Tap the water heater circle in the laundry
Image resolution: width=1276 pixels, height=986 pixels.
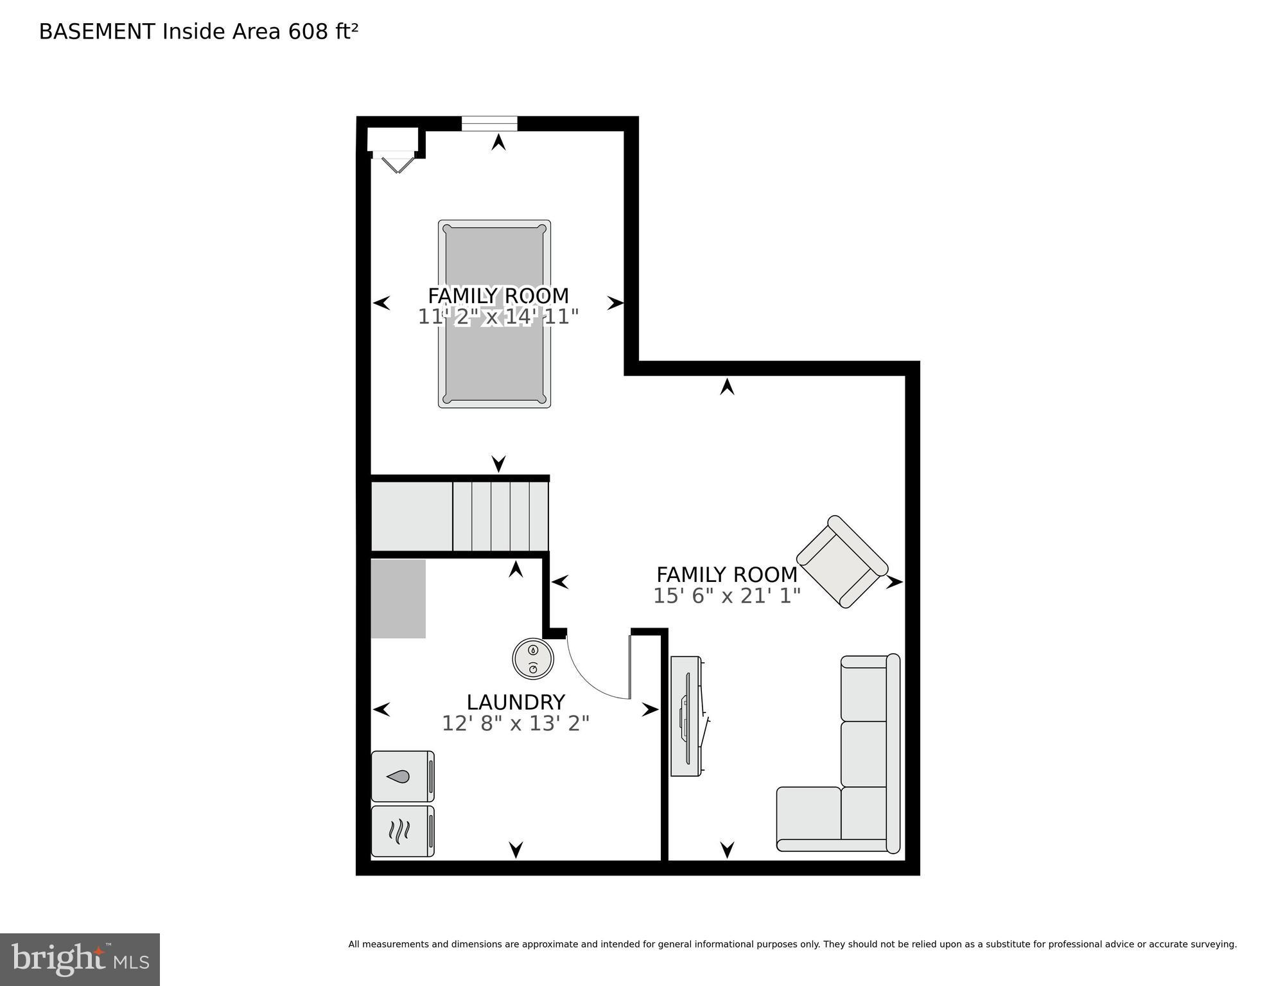pyautogui.click(x=533, y=658)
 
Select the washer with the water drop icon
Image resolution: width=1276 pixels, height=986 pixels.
pyautogui.click(x=402, y=776)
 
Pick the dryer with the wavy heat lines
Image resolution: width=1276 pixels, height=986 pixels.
pyautogui.click(x=402, y=831)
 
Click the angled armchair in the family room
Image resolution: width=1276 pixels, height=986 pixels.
pyautogui.click(x=842, y=561)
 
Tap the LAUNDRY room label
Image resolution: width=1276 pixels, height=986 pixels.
pyautogui.click(x=516, y=701)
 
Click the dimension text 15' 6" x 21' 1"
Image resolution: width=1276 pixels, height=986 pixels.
pyautogui.click(x=726, y=596)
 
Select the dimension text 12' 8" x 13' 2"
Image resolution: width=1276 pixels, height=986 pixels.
pyautogui.click(x=516, y=724)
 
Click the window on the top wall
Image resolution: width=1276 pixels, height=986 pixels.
pyautogui.click(x=489, y=123)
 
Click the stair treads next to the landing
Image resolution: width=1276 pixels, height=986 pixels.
pyautogui.click(x=501, y=516)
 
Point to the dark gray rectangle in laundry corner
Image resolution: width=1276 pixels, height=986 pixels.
pyautogui.click(x=398, y=599)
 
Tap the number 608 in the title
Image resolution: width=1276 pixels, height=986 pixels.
pyautogui.click(x=308, y=31)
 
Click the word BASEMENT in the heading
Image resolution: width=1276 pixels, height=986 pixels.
pyautogui.click(x=97, y=31)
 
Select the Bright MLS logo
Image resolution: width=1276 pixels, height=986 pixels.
pyautogui.click(x=80, y=960)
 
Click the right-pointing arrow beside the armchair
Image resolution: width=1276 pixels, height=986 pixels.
pyautogui.click(x=894, y=583)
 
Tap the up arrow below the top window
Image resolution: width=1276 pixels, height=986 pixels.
pyautogui.click(x=498, y=143)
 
